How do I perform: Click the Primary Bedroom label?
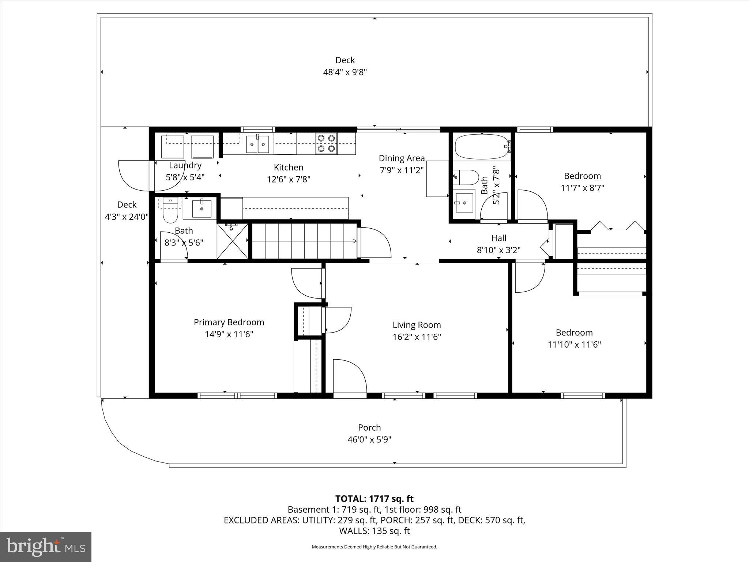click(229, 322)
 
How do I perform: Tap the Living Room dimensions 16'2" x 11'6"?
click(417, 337)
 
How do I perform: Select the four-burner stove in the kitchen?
click(326, 143)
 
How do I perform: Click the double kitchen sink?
click(257, 144)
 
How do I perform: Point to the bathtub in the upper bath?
click(481, 147)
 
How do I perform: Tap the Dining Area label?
click(402, 158)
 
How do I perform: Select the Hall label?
click(498, 238)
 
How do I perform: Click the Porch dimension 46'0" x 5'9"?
click(369, 439)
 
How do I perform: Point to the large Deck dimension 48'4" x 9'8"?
click(345, 72)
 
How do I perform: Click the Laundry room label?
click(185, 165)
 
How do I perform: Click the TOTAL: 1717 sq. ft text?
click(374, 499)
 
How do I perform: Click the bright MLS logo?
click(46, 547)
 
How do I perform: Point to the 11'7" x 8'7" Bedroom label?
click(582, 176)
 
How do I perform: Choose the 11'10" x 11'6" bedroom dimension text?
click(574, 344)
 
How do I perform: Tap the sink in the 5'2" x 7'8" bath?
click(463, 202)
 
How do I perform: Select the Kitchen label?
click(289, 167)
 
